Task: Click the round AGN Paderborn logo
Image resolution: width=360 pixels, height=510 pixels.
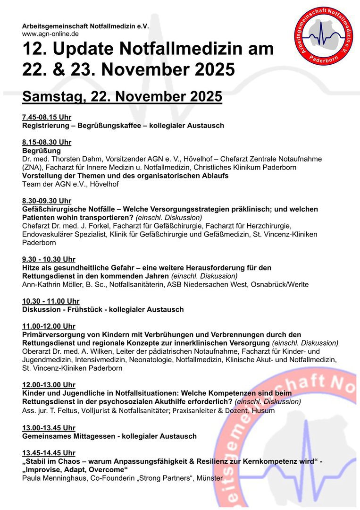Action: (324, 36)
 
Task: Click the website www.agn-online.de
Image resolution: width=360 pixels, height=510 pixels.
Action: (50, 34)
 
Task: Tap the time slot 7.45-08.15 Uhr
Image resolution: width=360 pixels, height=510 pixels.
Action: (47, 117)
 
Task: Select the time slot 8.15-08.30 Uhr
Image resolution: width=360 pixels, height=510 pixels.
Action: (47, 142)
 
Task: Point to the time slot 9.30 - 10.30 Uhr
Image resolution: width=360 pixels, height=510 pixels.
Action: (49, 259)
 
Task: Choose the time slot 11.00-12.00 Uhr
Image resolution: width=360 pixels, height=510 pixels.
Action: (49, 326)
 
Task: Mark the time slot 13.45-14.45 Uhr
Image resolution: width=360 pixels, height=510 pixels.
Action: (49, 453)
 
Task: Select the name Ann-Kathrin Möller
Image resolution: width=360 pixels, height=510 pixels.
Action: (51, 284)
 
